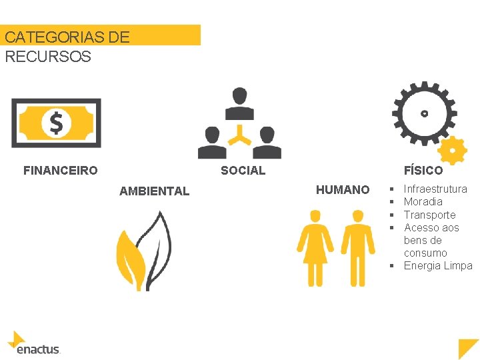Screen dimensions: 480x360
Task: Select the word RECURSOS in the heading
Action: [48, 56]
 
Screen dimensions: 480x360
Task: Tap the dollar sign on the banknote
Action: [56, 123]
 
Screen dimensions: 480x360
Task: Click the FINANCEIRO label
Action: [60, 171]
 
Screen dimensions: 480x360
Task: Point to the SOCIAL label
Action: [243, 171]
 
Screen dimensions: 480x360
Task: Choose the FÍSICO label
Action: [423, 171]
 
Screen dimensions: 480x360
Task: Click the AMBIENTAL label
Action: [154, 191]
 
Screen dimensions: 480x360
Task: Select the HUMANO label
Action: [342, 190]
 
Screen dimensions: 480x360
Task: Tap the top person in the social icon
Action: [239, 103]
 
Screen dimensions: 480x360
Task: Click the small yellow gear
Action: [453, 151]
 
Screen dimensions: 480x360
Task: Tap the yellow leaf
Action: [129, 257]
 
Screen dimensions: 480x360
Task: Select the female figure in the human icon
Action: [315, 247]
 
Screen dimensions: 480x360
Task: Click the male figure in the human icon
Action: [358, 247]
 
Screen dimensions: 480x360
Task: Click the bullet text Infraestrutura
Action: [435, 189]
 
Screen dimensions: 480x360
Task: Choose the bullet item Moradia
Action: [423, 202]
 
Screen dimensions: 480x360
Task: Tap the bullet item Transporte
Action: [429, 215]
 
